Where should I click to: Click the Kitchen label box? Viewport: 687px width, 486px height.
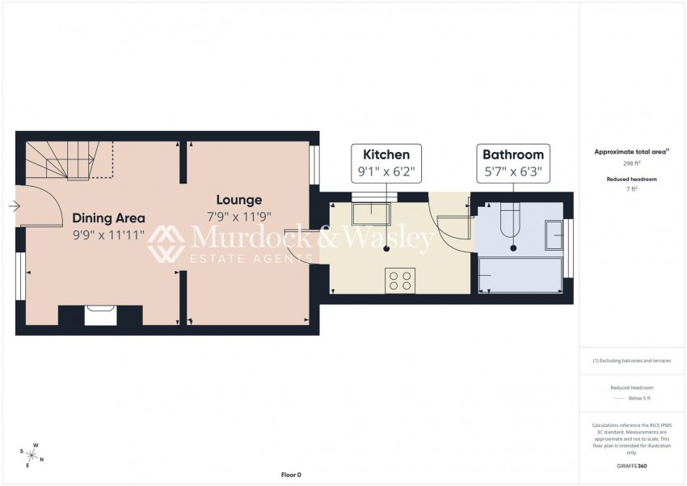386,163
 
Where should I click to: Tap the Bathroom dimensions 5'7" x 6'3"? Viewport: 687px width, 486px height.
512,171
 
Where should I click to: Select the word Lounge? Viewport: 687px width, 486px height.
238,200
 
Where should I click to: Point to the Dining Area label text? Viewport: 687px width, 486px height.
108,218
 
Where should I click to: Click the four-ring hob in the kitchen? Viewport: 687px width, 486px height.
399,280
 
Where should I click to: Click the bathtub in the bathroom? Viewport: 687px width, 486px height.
521,275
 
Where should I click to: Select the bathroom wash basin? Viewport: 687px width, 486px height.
554,235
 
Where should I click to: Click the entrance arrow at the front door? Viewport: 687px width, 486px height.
14,206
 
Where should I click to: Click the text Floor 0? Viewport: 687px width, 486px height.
290,475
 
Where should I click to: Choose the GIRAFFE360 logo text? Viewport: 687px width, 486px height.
632,467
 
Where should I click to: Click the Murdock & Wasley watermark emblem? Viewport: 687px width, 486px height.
166,243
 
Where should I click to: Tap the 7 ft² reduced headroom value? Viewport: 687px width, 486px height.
633,188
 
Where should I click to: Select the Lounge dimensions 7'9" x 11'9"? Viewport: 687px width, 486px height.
238,217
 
